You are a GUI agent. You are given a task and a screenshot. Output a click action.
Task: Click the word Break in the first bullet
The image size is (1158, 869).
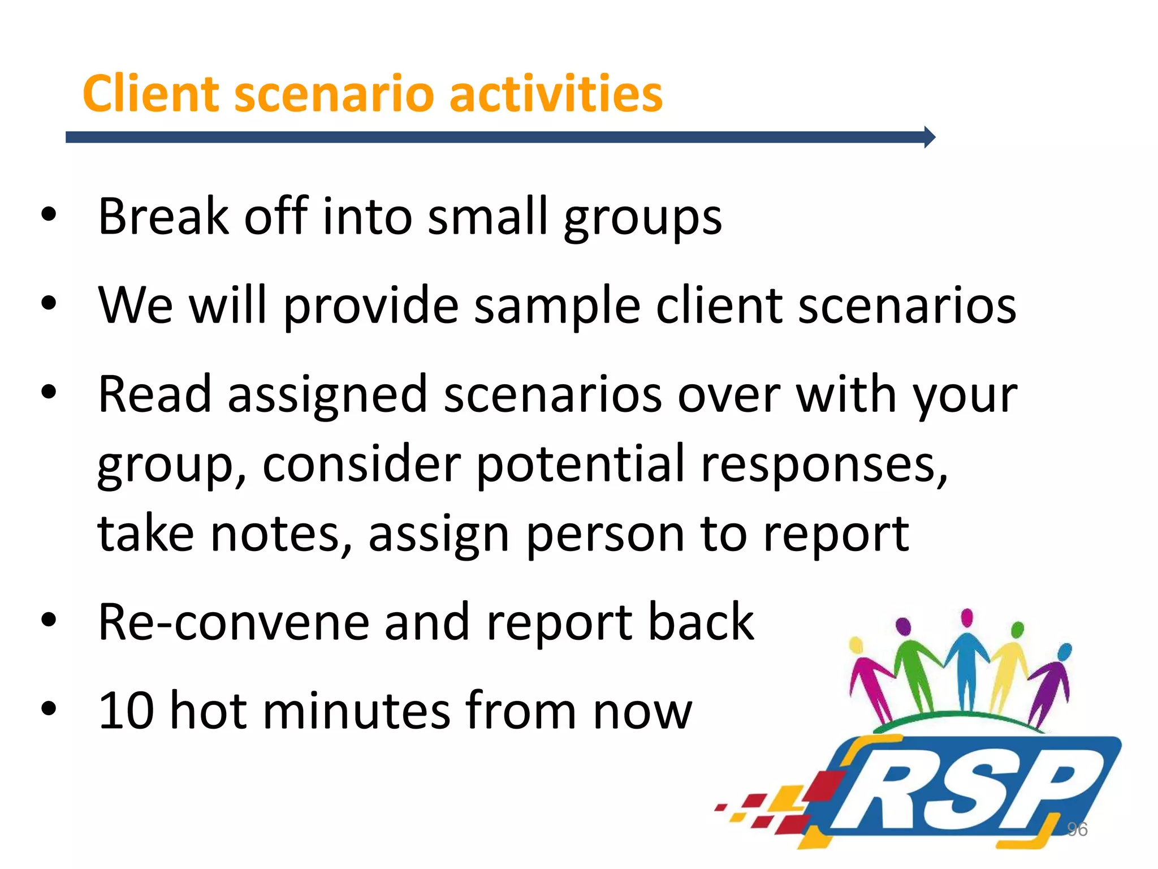coord(163,216)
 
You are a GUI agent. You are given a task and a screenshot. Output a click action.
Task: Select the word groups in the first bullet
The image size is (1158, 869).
coord(643,218)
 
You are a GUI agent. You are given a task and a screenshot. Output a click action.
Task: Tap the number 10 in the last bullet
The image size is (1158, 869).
coord(126,711)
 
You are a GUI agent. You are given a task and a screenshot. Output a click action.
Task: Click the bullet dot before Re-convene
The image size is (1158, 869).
coord(49,620)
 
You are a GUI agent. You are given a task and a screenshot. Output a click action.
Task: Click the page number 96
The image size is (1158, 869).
coord(1077,829)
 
